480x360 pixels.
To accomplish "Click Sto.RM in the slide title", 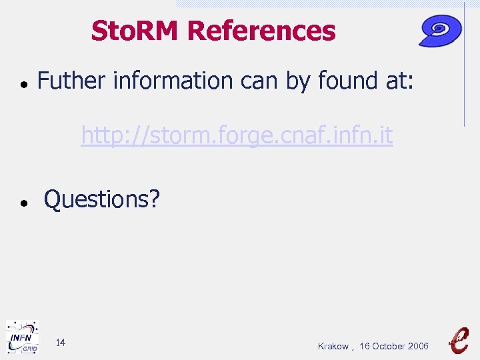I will [136, 31].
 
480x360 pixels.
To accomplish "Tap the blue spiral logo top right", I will [441, 31].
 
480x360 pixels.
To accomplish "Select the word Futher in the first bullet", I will [72, 81].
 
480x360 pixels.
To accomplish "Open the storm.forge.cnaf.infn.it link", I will [237, 136].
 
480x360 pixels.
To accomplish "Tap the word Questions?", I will [102, 199].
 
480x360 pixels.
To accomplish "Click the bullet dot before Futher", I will [23, 85].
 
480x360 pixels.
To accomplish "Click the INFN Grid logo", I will [22, 337].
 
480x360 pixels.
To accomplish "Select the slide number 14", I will [60, 343].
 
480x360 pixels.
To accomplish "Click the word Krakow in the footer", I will [333, 346].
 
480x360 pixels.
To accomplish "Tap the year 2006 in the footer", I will [419, 346].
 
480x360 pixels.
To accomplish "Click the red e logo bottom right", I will [458, 339].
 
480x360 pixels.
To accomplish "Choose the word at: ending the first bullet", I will [399, 81].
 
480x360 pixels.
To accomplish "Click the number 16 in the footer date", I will [364, 346].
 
